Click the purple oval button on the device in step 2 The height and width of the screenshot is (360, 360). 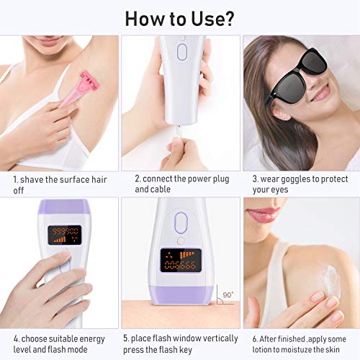click(181, 53)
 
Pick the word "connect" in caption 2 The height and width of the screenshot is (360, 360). click(162, 179)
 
